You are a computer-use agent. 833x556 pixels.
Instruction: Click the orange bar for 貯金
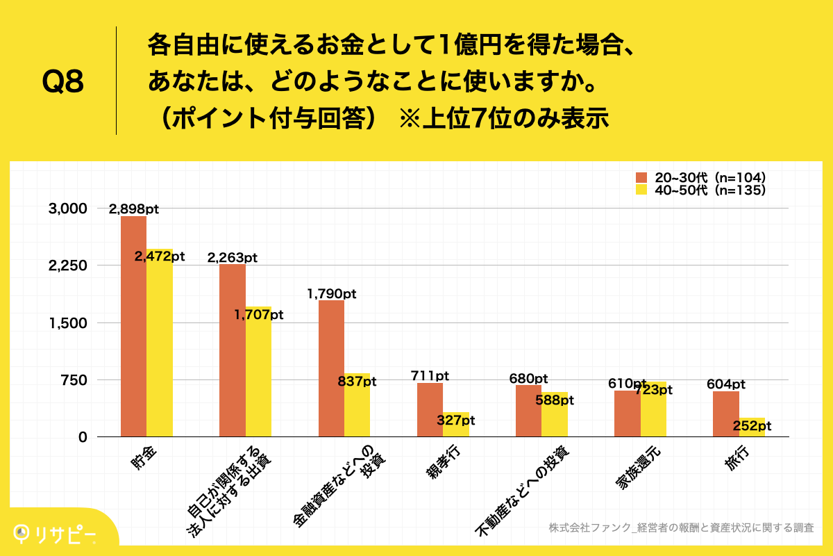(x=133, y=327)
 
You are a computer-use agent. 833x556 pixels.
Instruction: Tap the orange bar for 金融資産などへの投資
(x=331, y=368)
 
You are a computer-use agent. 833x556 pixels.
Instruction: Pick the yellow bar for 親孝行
(x=456, y=425)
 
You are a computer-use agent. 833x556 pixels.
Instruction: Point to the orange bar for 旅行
(x=725, y=414)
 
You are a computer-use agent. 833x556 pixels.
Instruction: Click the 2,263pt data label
(x=233, y=258)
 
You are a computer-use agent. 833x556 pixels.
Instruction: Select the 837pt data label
(x=357, y=382)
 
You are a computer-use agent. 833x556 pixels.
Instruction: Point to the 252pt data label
(x=751, y=426)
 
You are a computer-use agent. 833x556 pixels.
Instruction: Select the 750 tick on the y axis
(x=72, y=380)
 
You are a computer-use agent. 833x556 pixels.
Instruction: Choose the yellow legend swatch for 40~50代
(x=641, y=190)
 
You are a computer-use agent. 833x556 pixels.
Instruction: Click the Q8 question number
(x=62, y=83)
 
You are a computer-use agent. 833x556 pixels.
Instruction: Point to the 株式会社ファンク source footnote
(x=680, y=528)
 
